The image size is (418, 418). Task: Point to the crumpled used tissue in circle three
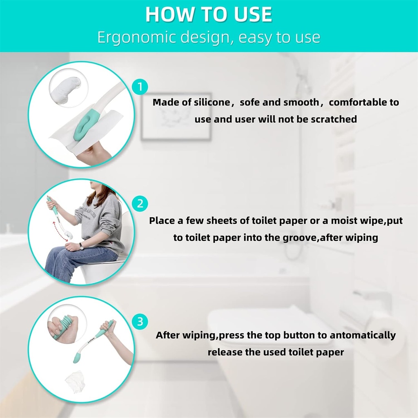[75, 382]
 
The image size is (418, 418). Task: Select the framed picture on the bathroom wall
[176, 116]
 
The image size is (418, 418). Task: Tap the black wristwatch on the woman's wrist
[81, 245]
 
